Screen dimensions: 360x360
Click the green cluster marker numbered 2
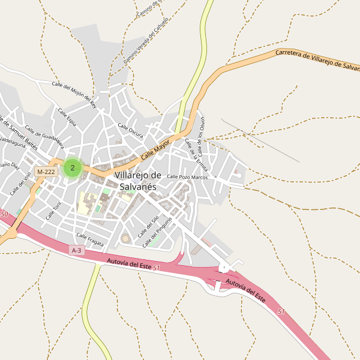point(73,167)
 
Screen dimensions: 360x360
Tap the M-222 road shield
point(46,172)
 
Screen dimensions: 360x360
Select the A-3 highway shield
point(76,250)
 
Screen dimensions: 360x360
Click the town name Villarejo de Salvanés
point(138,181)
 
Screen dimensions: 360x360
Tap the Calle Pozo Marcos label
point(187,177)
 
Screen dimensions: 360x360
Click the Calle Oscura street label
point(130,131)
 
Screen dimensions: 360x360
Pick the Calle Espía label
point(67,117)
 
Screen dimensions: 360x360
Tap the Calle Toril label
point(54,210)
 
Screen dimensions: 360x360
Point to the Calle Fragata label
point(90,239)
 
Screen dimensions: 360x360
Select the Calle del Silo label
point(148,226)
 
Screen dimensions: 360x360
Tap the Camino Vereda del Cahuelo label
point(146,41)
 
